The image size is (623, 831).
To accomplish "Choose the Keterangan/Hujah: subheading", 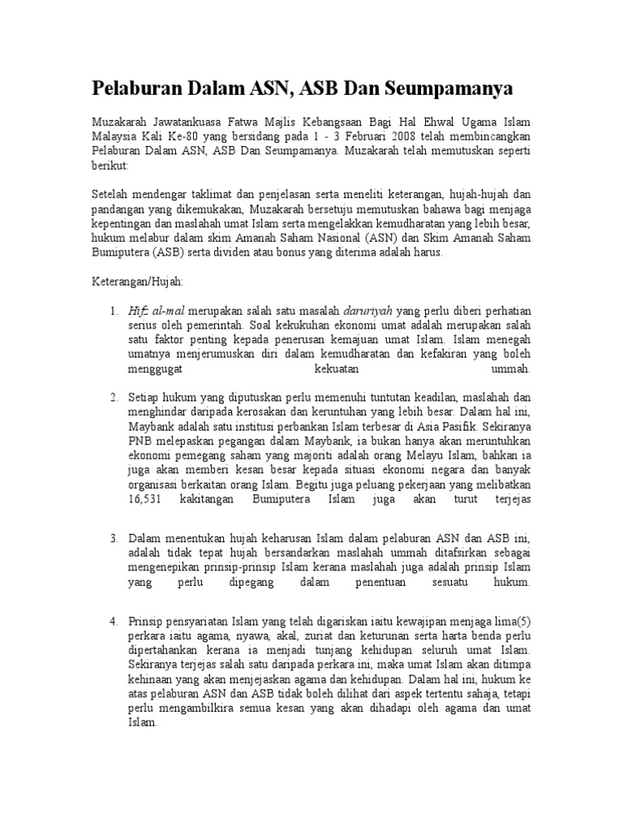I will point(137,281).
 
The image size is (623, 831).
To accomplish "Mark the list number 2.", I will point(114,398).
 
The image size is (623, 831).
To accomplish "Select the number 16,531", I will point(146,500).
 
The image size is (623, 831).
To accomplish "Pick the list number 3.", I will point(114,538).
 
